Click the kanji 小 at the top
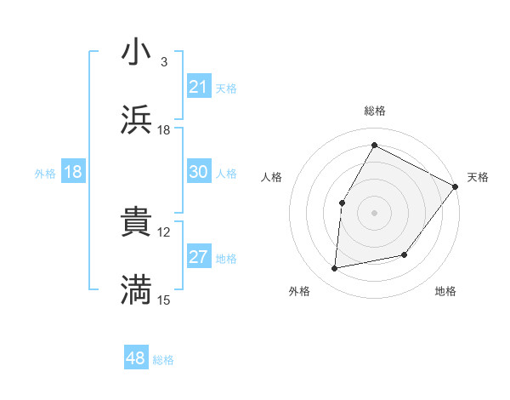136,53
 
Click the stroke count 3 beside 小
164,62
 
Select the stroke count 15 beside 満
164,300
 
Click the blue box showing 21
199,87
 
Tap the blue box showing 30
199,172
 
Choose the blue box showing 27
199,257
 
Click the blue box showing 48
136,358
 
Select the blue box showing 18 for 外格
73,172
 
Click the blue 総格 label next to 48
163,360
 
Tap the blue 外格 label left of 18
45,174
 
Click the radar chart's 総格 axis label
375,111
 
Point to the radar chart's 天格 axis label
479,177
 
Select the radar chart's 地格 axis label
445,292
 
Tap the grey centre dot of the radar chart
375,213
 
